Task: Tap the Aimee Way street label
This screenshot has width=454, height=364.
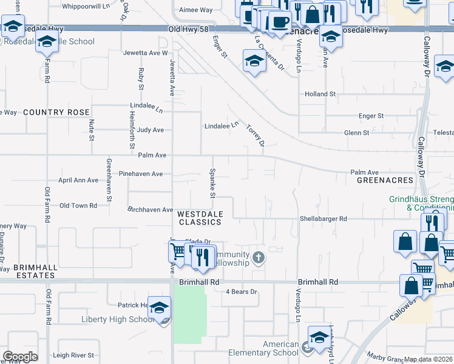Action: [x=195, y=10]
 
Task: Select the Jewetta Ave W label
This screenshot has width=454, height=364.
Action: [x=145, y=53]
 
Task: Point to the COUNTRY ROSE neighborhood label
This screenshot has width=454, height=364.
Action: [x=56, y=112]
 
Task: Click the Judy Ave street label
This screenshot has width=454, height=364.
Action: [x=151, y=130]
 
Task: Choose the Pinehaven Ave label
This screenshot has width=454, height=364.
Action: [x=140, y=174]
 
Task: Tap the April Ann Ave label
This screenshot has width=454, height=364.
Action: [x=78, y=180]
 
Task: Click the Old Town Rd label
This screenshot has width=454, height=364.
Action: [x=78, y=206]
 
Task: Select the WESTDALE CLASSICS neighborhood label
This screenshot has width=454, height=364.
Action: [x=200, y=218]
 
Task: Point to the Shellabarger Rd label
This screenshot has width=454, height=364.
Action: [x=323, y=218]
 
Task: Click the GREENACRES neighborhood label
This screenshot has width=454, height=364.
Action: [x=385, y=180]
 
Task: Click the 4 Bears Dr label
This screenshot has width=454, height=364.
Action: [x=242, y=292]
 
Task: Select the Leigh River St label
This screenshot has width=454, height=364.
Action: [x=73, y=355]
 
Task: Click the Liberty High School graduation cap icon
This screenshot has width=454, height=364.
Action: [x=160, y=307]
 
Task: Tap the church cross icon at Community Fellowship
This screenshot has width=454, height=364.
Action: [x=259, y=258]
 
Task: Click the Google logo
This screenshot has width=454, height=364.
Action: [x=20, y=356]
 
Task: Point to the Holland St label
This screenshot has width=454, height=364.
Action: [x=320, y=94]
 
